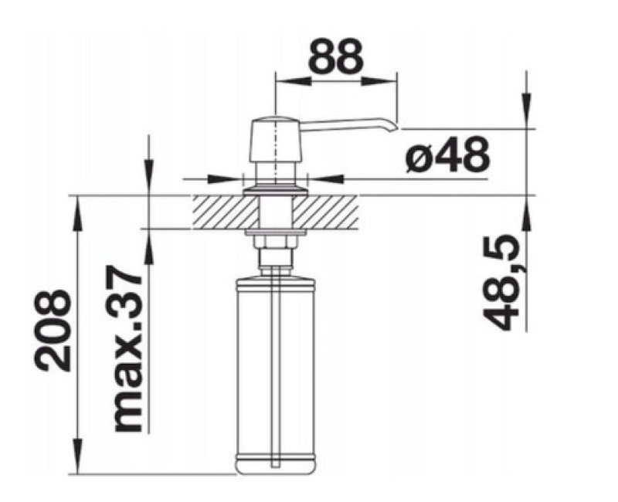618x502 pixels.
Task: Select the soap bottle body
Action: point(275,371)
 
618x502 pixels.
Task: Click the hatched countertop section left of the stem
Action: point(224,212)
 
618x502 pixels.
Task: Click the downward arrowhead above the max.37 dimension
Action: point(147,185)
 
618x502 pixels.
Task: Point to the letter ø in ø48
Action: point(419,156)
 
